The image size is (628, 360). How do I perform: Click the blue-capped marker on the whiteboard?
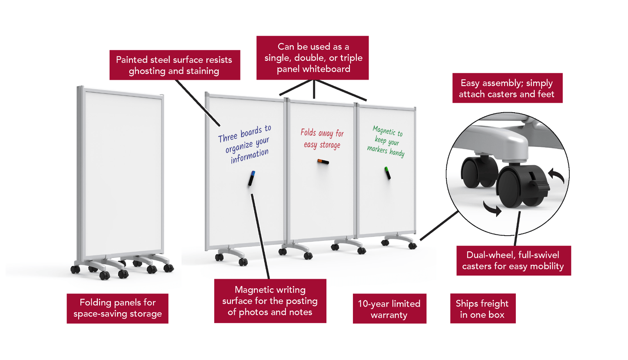(x=252, y=178)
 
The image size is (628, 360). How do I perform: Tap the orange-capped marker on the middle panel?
(x=323, y=161)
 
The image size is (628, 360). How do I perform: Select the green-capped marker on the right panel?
(x=388, y=173)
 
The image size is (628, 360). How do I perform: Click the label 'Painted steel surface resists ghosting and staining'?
(x=175, y=65)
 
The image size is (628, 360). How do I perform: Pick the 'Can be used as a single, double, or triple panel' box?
(x=312, y=58)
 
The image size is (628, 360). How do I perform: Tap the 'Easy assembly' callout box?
(x=508, y=88)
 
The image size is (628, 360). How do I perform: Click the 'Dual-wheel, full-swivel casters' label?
(x=514, y=260)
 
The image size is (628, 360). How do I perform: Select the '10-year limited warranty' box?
(x=389, y=308)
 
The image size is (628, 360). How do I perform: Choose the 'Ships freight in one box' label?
(x=483, y=308)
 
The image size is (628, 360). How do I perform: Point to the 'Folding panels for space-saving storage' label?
(x=117, y=308)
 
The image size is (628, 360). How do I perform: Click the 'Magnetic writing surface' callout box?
(x=270, y=301)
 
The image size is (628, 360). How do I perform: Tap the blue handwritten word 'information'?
(x=249, y=156)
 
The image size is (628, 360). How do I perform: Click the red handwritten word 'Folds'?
(x=308, y=132)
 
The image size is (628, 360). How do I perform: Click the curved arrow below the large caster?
(x=492, y=209)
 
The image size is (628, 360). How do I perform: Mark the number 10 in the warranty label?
(x=363, y=303)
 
